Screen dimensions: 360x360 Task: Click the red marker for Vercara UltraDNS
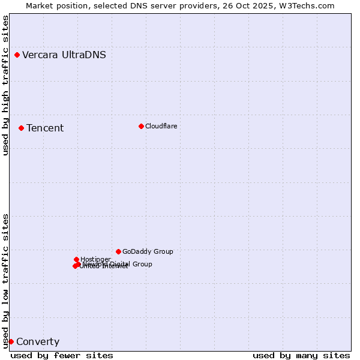(17, 55)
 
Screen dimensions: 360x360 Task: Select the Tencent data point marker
(21, 128)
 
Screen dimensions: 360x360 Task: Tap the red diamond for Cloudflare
(141, 126)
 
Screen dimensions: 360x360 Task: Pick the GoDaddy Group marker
(118, 251)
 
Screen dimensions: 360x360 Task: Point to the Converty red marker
(11, 341)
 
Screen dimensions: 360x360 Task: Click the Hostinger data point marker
(76, 259)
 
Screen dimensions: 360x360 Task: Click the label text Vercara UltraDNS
(64, 55)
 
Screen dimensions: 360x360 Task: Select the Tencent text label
(45, 128)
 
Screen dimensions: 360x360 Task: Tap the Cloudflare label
(161, 126)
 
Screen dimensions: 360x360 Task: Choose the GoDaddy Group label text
(148, 251)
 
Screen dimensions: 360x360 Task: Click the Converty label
(38, 342)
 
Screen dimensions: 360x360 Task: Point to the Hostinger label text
(95, 259)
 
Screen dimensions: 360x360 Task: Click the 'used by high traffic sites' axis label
(5, 85)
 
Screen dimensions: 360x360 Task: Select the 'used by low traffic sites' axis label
(5, 280)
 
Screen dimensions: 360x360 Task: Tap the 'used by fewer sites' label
(62, 355)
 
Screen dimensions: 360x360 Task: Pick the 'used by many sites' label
(301, 355)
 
